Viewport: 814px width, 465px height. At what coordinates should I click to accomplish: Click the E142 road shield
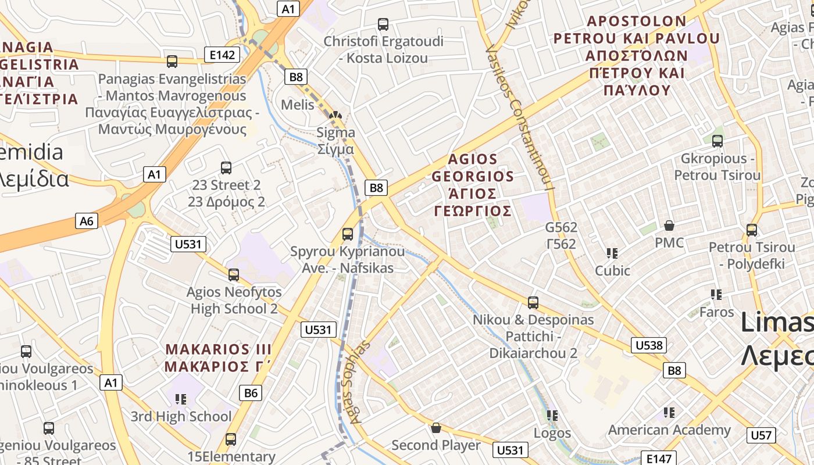click(222, 55)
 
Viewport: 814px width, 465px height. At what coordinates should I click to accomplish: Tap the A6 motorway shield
click(86, 221)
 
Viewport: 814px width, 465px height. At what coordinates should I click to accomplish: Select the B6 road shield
click(250, 393)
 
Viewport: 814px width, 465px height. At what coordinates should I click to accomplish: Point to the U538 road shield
click(648, 345)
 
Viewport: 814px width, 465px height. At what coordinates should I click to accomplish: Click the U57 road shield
click(761, 435)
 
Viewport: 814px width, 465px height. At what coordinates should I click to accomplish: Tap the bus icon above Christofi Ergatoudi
click(383, 24)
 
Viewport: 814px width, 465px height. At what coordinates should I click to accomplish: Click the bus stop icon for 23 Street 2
click(226, 168)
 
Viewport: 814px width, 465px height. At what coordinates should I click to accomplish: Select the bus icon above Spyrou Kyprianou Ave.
click(348, 234)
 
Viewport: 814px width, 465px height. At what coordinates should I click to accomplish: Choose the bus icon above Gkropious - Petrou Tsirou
click(717, 141)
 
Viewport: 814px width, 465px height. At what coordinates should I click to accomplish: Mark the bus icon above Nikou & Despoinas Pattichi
click(533, 303)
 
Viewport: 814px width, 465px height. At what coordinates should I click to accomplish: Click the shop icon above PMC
click(669, 226)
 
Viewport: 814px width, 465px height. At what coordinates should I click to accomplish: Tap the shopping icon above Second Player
click(436, 428)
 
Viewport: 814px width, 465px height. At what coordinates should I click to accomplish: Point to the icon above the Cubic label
click(612, 253)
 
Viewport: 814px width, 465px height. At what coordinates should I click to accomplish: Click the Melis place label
click(297, 105)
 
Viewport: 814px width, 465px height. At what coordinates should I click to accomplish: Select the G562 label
click(561, 235)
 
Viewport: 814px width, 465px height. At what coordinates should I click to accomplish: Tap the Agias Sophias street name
click(361, 381)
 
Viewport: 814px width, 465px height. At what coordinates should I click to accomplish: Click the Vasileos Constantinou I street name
click(520, 116)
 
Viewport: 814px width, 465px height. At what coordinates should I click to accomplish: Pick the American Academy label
click(669, 430)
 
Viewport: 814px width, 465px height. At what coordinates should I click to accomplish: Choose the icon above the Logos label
click(552, 415)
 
